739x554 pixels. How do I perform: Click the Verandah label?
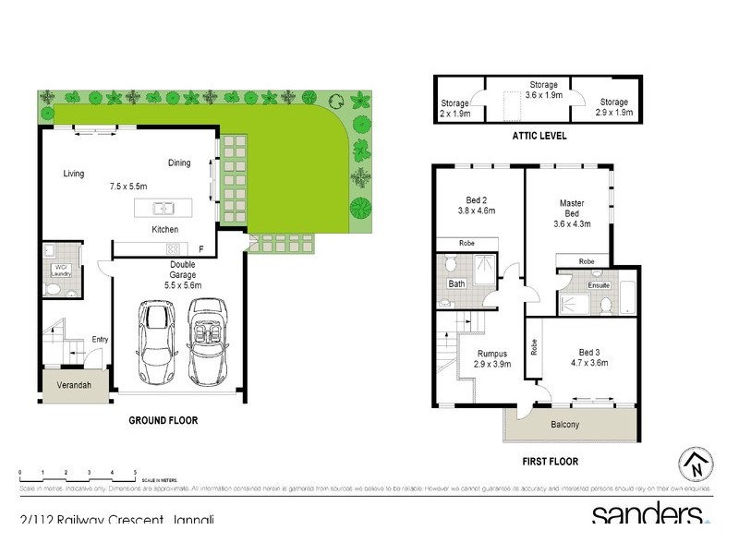[x=74, y=385]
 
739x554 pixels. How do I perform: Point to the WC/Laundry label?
[x=61, y=271]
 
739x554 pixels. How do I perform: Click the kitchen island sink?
[x=159, y=207]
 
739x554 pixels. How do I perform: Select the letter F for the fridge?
[x=200, y=248]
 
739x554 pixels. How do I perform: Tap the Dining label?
[x=179, y=163]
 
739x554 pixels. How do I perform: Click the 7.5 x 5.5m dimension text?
[x=130, y=187]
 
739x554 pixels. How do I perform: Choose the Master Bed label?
[x=570, y=208]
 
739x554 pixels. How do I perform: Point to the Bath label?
[x=456, y=284]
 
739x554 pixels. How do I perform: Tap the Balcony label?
[x=564, y=425]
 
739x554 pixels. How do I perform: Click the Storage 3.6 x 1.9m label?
[x=543, y=90]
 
